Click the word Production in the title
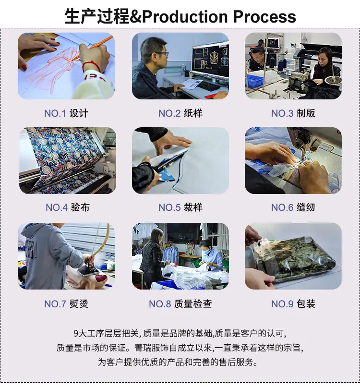coord(185,17)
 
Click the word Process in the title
coord(264,17)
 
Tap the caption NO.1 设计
coord(66,113)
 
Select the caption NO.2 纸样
coord(180,113)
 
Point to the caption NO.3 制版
coord(293,113)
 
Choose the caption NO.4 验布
coord(68,207)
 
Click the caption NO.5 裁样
coord(180,207)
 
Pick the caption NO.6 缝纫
coord(293,207)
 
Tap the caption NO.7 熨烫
coord(66,303)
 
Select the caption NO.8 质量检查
coord(180,303)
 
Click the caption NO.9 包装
coord(293,303)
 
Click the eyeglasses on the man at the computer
coord(162,54)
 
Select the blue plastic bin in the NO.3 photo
coord(254,80)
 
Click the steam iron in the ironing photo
coord(89,269)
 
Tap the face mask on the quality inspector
coord(206,253)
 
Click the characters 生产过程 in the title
coord(97,17)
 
